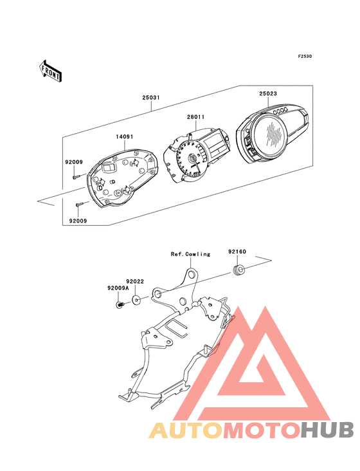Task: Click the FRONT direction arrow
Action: pyautogui.click(x=50, y=71)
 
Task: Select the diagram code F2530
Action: pyautogui.click(x=305, y=56)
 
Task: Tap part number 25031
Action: pyautogui.click(x=151, y=98)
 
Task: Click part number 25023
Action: pyautogui.click(x=268, y=93)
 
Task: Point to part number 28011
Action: pyautogui.click(x=196, y=117)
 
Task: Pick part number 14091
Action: pyautogui.click(x=125, y=136)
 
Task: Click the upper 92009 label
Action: pyautogui.click(x=74, y=162)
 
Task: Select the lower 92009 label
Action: pyautogui.click(x=78, y=221)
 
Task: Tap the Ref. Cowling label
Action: pyautogui.click(x=190, y=254)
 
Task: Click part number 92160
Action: pyautogui.click(x=237, y=252)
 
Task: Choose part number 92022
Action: pyautogui.click(x=135, y=281)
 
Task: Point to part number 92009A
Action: pyautogui.click(x=118, y=288)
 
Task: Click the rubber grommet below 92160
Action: pyautogui.click(x=239, y=270)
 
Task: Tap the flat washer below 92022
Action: pyautogui.click(x=136, y=299)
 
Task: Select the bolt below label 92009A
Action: pyautogui.click(x=120, y=305)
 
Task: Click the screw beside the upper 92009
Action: pyautogui.click(x=76, y=176)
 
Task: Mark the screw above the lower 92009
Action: pyautogui.click(x=80, y=204)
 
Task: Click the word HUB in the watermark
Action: pyautogui.click(x=328, y=430)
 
